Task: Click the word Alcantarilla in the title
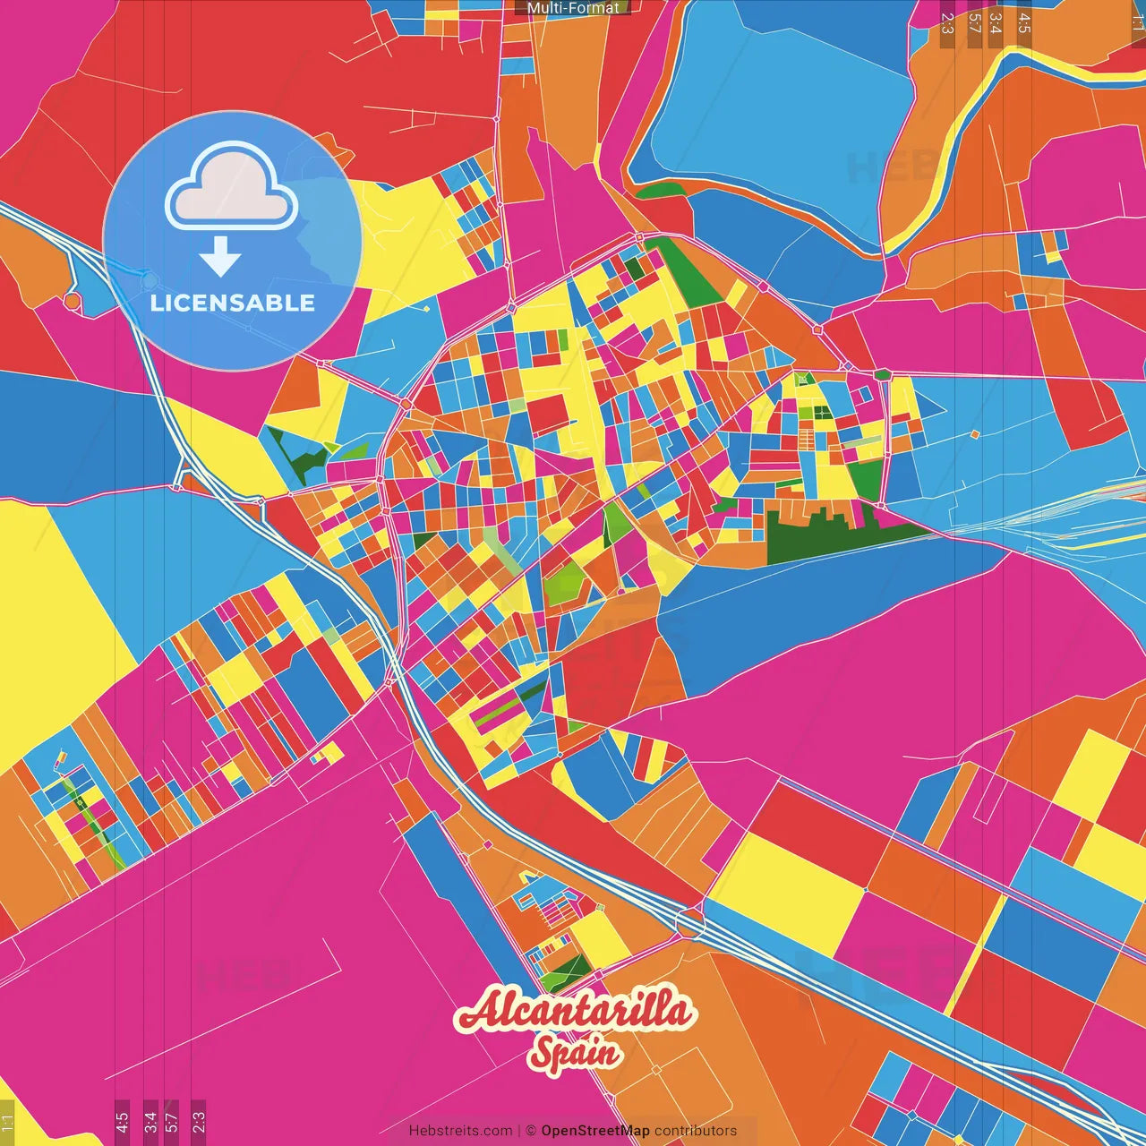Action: tap(574, 1011)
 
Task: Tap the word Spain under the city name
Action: tap(574, 1052)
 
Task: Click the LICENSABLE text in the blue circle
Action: tap(233, 303)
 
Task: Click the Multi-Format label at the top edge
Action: tap(573, 8)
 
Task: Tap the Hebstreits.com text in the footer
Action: tap(460, 1131)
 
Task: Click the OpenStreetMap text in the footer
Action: tap(595, 1131)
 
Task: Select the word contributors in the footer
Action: tap(696, 1131)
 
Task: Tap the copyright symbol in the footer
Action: tap(530, 1131)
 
